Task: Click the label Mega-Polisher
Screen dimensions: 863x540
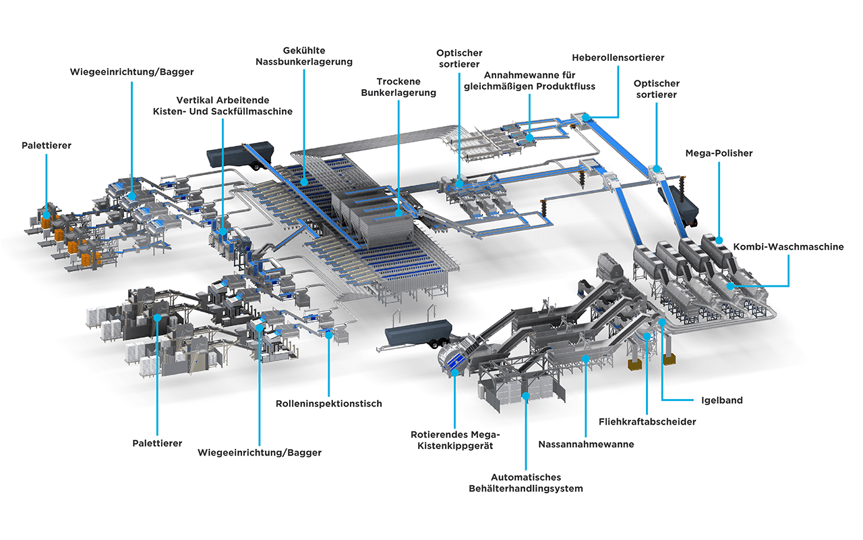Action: (x=719, y=153)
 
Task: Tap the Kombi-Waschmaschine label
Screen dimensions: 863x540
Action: (x=788, y=247)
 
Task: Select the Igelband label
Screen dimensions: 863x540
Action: (x=722, y=400)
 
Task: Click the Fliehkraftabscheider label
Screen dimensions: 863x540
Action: (x=647, y=422)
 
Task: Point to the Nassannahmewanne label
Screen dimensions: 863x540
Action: (x=586, y=444)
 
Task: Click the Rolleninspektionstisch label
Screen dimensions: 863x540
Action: (x=328, y=404)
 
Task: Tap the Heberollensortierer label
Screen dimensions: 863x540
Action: (x=618, y=58)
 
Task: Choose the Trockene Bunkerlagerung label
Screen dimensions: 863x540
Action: (x=398, y=87)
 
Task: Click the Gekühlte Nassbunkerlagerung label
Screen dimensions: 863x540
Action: (x=304, y=56)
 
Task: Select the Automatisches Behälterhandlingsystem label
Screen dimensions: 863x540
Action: (x=526, y=483)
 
